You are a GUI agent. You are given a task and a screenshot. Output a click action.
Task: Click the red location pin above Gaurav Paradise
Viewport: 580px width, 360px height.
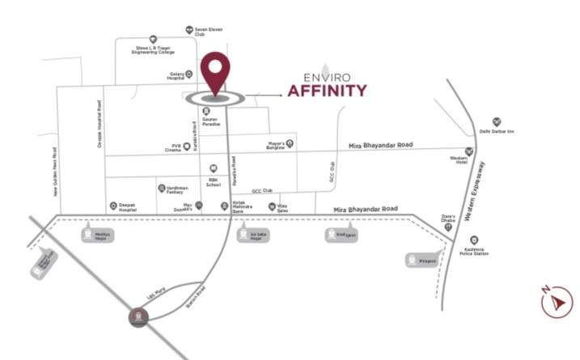216,74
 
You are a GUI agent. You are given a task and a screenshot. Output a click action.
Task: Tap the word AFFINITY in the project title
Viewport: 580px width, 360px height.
328,90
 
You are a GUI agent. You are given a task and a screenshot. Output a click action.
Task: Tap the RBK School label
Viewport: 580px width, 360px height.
214,182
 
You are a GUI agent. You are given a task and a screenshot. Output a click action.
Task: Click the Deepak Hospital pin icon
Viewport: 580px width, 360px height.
114,205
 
